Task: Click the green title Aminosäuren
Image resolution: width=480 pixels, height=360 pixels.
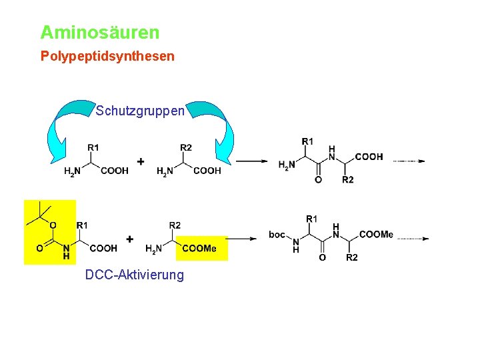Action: pos(100,32)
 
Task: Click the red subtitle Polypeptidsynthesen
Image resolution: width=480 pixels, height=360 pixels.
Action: pos(107,56)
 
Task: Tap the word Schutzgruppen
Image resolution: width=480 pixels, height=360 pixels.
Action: pos(140,111)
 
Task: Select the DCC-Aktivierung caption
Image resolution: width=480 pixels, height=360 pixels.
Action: pos(135,275)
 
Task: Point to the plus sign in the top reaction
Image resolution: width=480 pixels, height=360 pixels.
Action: pos(141,161)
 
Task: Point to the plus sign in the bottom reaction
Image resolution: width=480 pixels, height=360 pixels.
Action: pos(130,239)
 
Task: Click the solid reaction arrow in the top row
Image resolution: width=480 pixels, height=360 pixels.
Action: pos(251,161)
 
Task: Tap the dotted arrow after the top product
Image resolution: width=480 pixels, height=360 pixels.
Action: pos(409,161)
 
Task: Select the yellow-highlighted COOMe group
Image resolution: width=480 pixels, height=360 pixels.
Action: pos(201,248)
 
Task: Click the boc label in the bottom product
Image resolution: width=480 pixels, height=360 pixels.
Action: pos(277,234)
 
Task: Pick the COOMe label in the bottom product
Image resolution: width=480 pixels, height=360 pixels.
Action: pos(377,234)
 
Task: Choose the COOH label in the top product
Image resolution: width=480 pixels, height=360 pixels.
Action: pos(369,157)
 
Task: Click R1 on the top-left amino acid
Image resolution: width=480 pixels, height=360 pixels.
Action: pos(93,147)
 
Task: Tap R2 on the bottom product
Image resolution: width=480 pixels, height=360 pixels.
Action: pos(352,257)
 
